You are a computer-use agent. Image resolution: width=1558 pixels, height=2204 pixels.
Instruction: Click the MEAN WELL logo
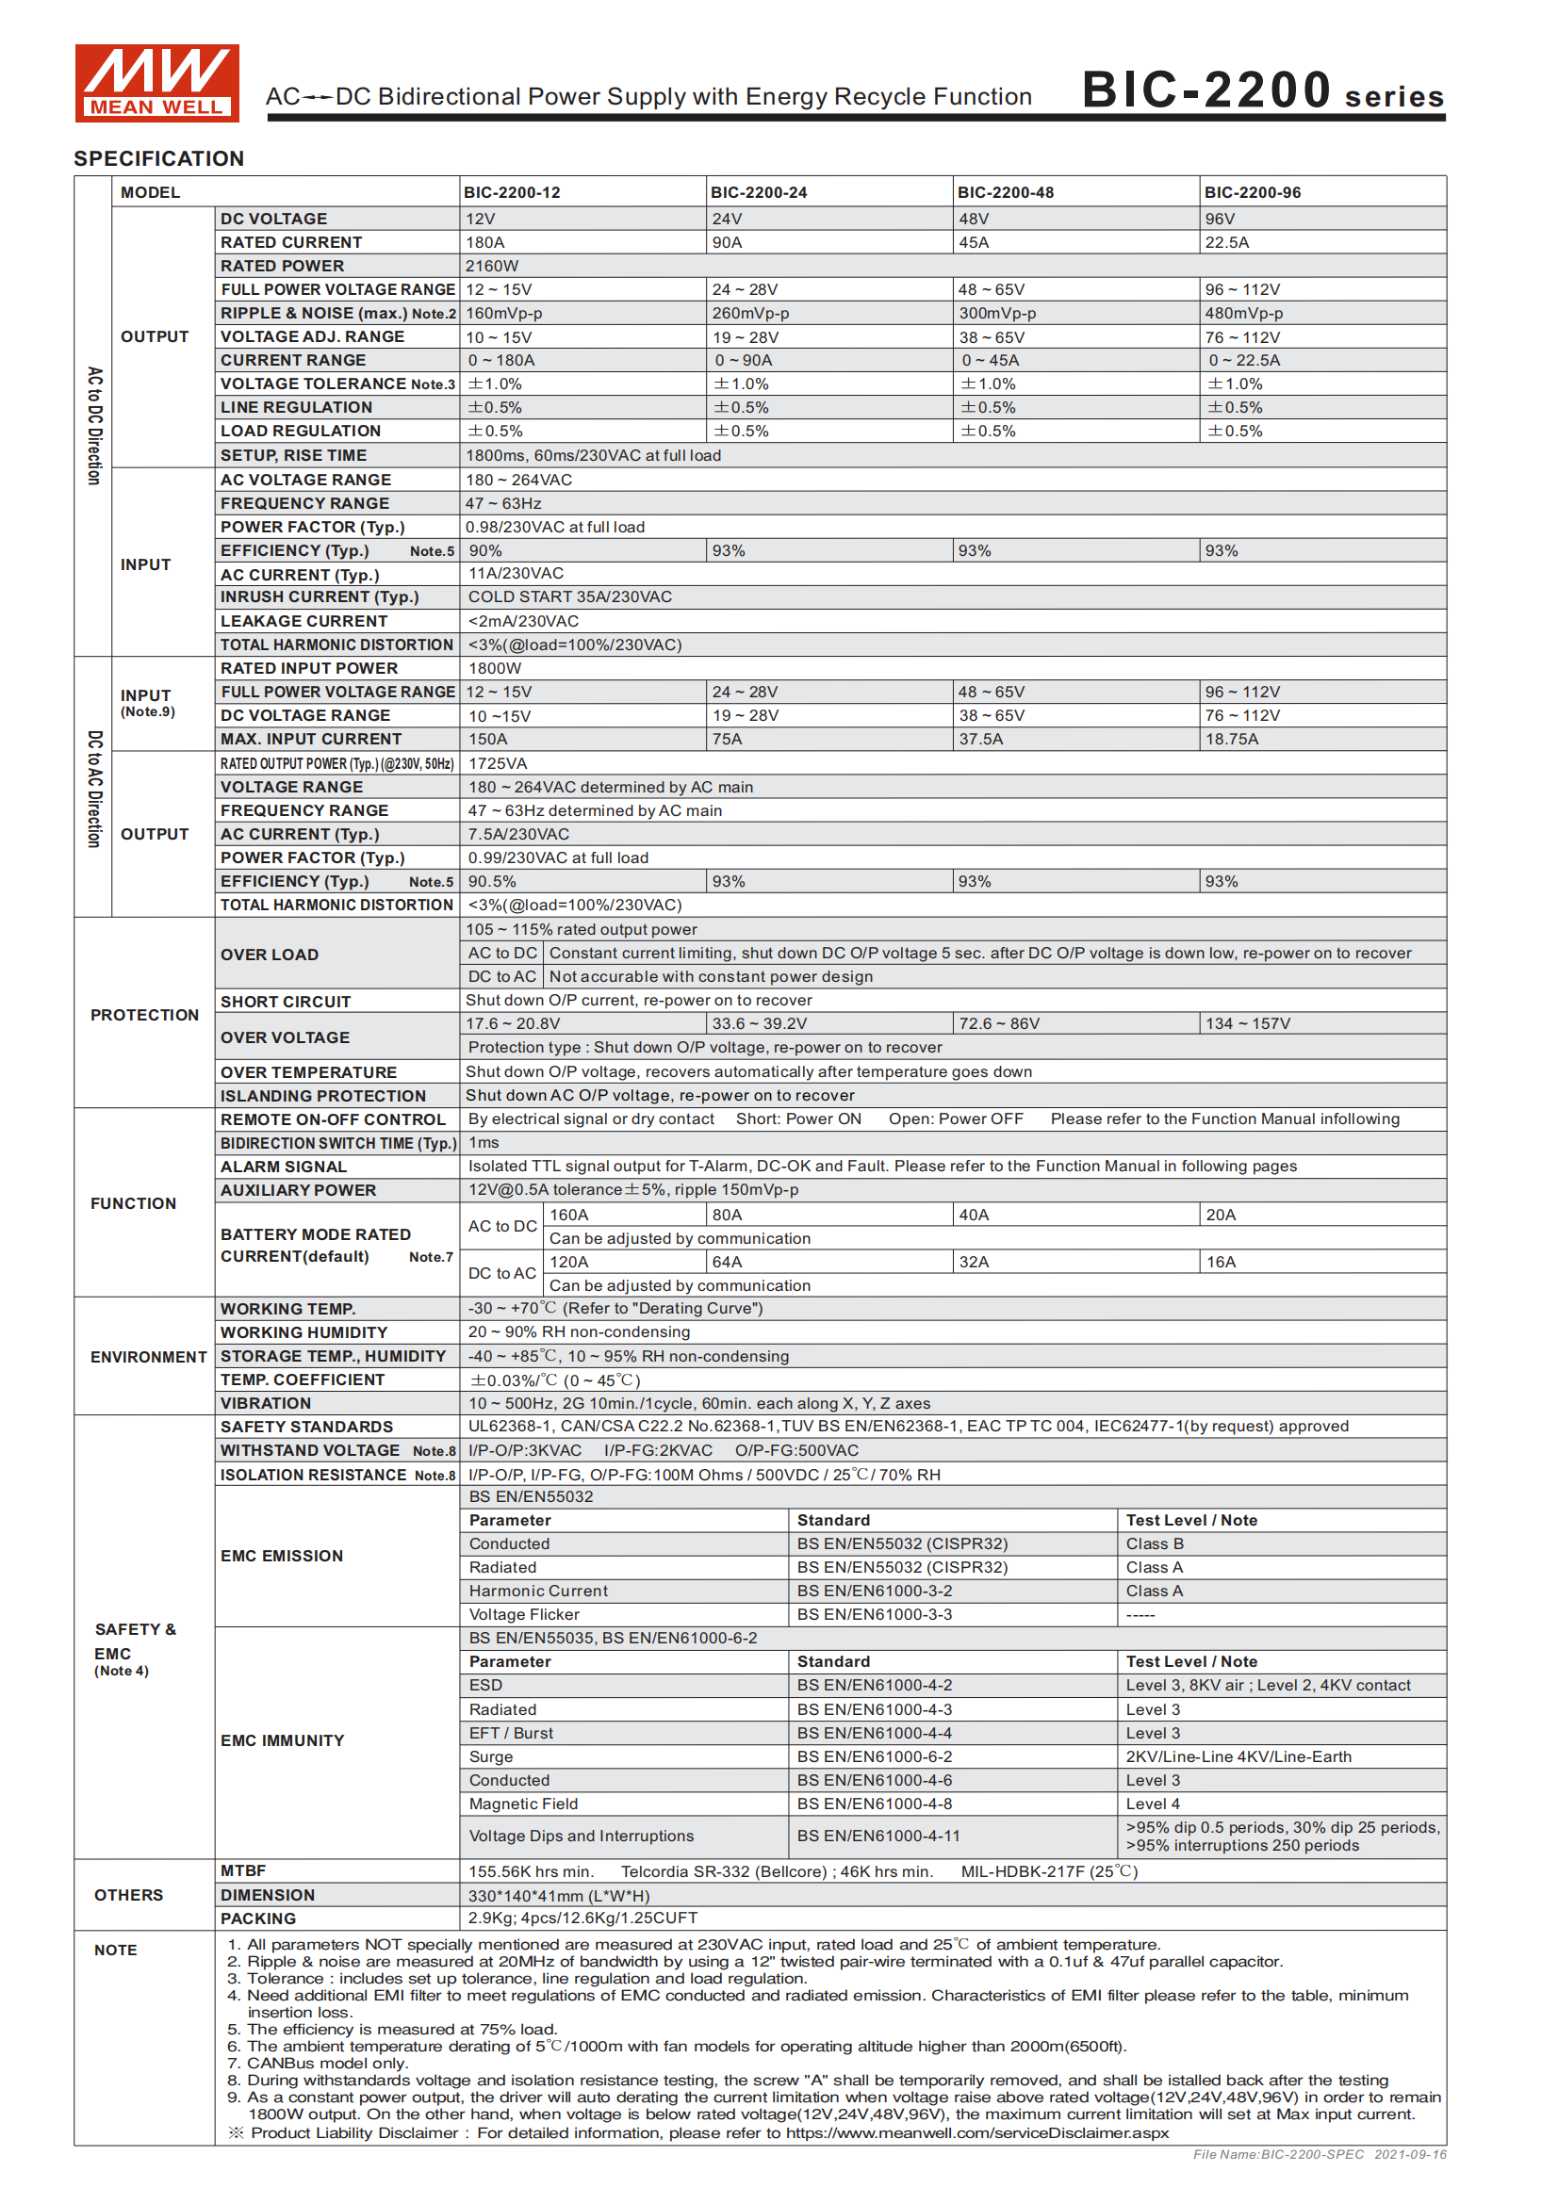(156, 83)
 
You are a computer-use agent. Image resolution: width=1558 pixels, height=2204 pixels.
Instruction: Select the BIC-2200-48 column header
(1005, 192)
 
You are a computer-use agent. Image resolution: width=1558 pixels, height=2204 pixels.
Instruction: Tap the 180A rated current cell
(484, 243)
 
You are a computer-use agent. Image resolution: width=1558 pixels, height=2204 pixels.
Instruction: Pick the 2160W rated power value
(491, 266)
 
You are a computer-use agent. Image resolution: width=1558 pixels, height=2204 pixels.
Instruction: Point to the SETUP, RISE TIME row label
(293, 455)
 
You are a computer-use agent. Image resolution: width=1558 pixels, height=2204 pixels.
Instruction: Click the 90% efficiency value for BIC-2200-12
(484, 551)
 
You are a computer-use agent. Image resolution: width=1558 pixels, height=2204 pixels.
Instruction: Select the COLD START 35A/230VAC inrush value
(569, 597)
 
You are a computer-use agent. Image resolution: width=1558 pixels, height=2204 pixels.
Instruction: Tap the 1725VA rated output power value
(498, 763)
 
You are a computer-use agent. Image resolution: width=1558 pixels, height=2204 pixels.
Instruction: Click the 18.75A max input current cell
(1232, 739)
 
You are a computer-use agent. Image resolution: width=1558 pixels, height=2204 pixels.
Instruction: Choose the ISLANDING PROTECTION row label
(322, 1096)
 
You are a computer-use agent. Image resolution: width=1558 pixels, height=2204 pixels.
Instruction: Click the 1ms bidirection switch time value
(483, 1142)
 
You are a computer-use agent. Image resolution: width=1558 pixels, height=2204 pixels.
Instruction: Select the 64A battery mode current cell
(727, 1263)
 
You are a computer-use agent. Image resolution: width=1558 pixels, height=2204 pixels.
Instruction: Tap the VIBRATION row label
(265, 1403)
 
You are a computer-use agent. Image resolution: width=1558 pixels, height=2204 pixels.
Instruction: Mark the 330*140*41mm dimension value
(559, 1896)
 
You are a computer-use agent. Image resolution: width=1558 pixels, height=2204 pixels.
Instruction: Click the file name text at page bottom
(1319, 2155)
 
